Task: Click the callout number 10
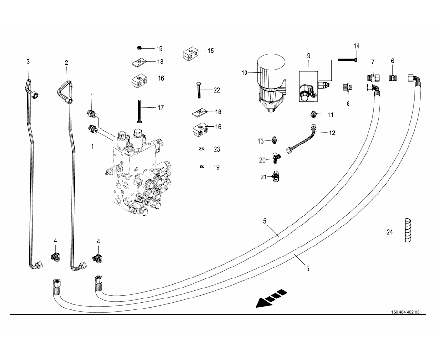[x=245, y=73]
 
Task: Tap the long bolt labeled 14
[x=347, y=60]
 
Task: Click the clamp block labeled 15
[x=190, y=54]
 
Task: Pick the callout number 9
[x=308, y=56]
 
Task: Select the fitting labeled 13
[x=274, y=140]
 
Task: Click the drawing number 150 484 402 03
[x=405, y=312]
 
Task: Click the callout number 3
[x=28, y=62]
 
